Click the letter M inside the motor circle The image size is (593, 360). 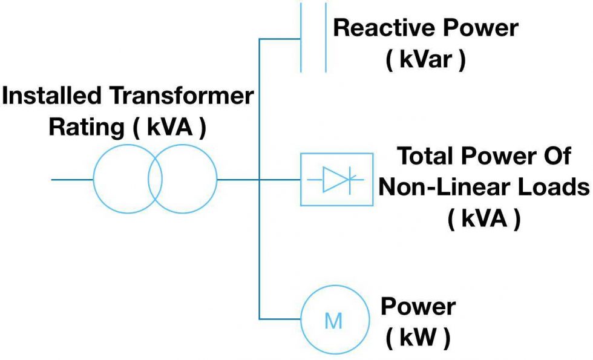pos(333,321)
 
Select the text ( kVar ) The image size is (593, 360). pos(426,61)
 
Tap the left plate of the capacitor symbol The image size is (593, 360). pos(301,36)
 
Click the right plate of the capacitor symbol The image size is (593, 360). pos(326,36)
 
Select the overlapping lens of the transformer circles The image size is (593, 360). pos(155,180)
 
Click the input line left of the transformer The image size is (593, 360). pos(71,180)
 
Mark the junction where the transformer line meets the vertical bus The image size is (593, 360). pos(259,180)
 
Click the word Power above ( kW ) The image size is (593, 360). pos(418,307)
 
